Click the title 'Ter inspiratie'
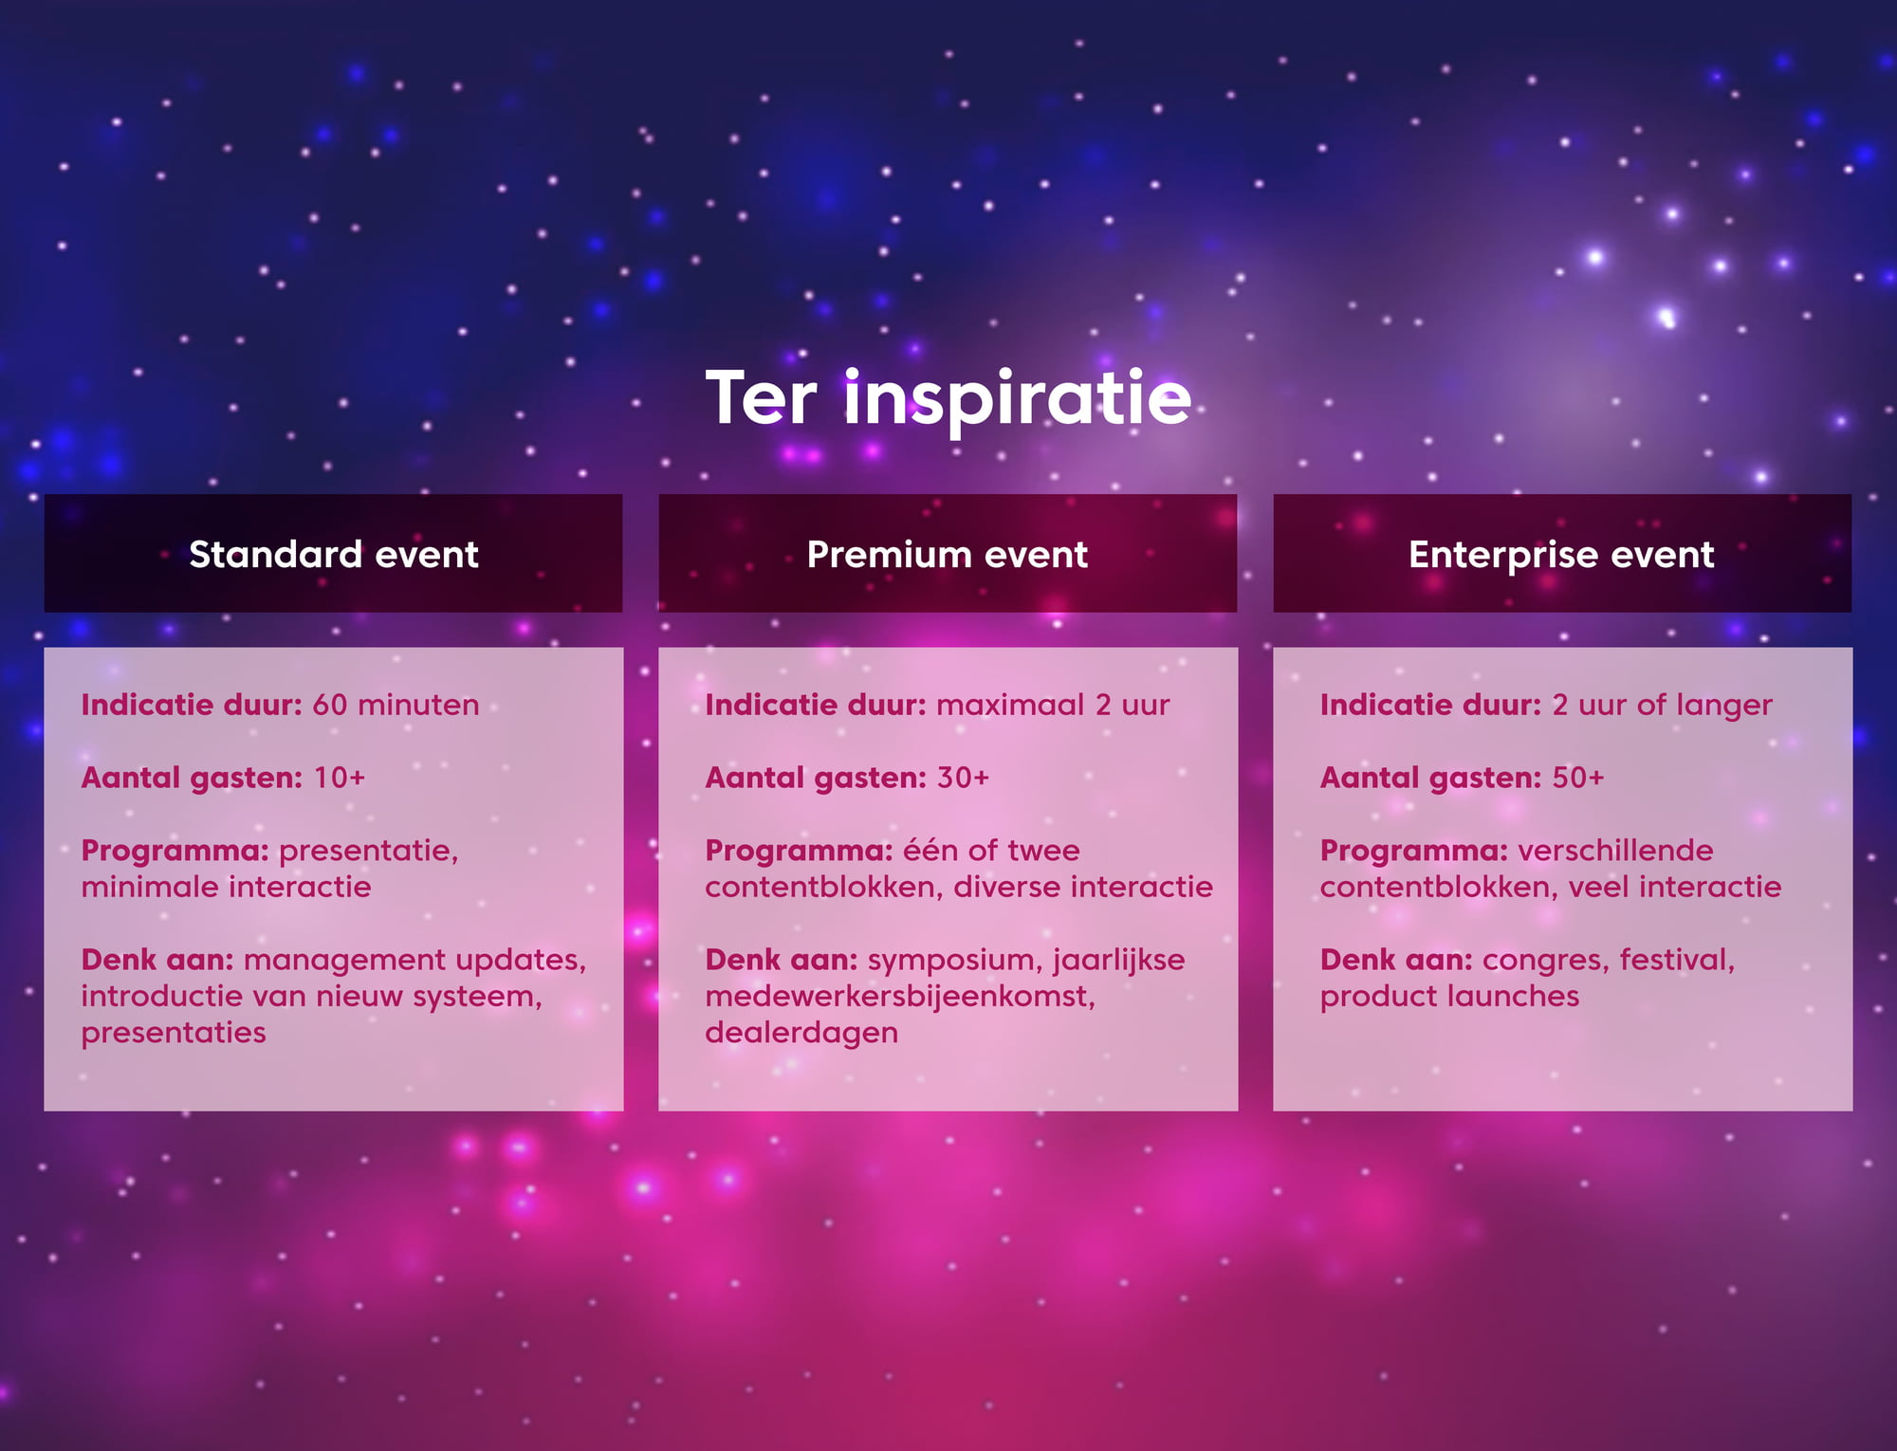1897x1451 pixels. [948, 399]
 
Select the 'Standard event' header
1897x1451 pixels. [334, 555]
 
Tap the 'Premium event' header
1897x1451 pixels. [948, 555]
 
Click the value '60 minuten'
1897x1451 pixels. [396, 705]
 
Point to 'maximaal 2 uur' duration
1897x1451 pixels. [1053, 705]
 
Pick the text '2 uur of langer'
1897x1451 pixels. [1662, 706]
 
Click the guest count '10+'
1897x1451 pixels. [339, 778]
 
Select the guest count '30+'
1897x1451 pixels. [963, 778]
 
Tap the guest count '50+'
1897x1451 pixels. [1577, 778]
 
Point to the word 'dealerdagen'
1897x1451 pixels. [801, 1033]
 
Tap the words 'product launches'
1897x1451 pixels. [1449, 997]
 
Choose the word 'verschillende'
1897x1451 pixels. [1615, 851]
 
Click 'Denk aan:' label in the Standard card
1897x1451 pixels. [157, 960]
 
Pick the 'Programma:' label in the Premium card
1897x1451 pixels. [799, 852]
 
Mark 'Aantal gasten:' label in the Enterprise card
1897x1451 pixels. [1430, 779]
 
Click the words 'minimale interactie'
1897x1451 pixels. [226, 888]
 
